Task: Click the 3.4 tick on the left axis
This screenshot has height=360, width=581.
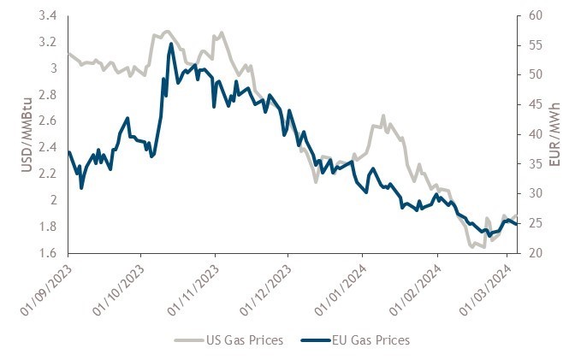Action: point(49,15)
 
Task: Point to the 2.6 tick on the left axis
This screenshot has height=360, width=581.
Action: point(49,121)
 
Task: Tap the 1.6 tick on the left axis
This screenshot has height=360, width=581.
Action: point(49,253)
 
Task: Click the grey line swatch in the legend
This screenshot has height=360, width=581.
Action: point(191,340)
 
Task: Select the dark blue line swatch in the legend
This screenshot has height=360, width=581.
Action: point(316,340)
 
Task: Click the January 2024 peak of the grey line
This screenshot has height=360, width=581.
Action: point(383,115)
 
